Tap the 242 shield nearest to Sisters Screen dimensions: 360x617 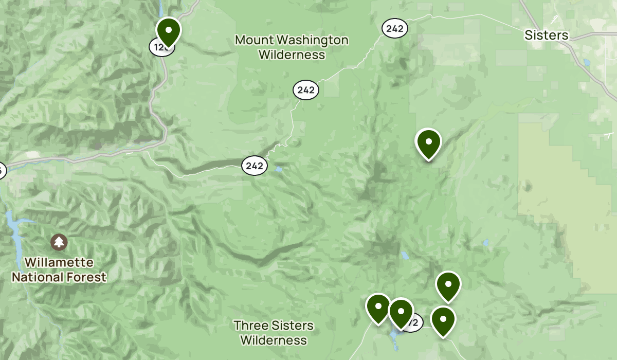tap(394, 28)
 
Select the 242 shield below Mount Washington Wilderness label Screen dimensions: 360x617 tap(306, 90)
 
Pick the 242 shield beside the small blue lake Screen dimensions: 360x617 tap(255, 166)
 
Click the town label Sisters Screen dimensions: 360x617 tap(546, 35)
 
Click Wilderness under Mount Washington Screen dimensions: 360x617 tap(292, 55)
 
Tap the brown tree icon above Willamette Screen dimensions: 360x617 tap(59, 241)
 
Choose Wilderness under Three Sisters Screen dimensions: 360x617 tap(274, 340)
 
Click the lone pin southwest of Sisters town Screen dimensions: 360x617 tap(428, 143)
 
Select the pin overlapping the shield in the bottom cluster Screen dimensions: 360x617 tap(401, 312)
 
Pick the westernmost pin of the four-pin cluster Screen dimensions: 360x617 tap(378, 308)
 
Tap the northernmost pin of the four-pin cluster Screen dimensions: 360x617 tap(448, 285)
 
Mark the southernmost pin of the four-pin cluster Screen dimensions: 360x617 tap(443, 320)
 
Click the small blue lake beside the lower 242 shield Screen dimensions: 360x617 tap(278, 169)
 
